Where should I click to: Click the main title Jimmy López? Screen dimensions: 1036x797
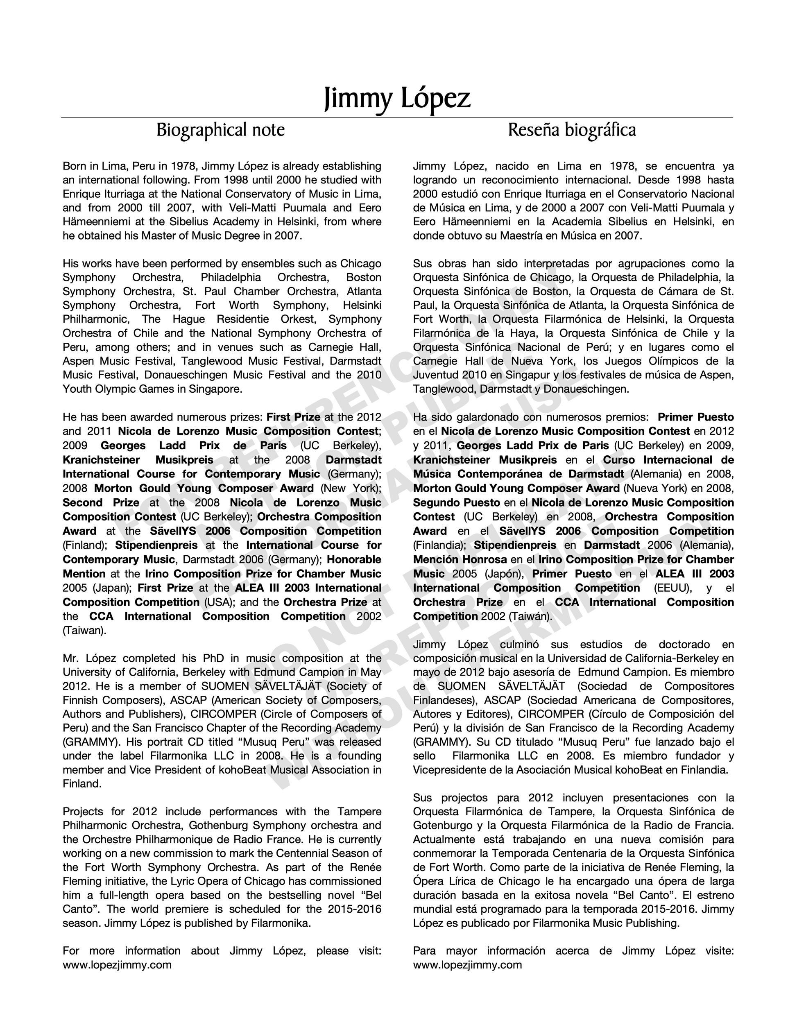[398, 98]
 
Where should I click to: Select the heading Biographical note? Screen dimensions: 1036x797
[221, 130]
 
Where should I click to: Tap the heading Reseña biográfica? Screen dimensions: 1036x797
[572, 130]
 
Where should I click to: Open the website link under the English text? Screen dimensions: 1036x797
[117, 965]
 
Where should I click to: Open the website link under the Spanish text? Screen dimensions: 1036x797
[467, 965]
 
